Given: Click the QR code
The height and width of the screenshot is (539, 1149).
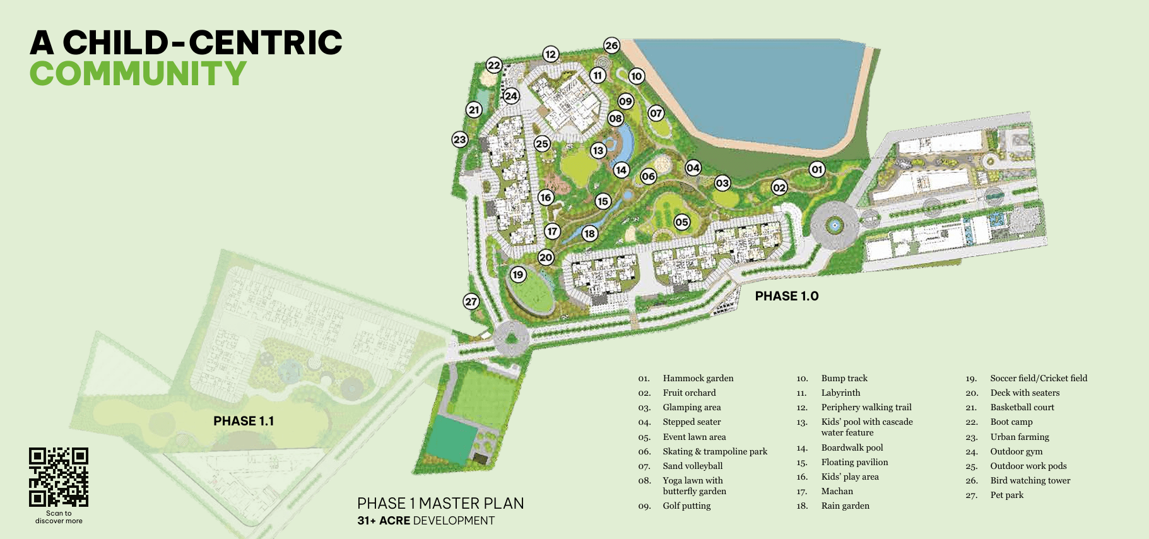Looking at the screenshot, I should [x=59, y=477].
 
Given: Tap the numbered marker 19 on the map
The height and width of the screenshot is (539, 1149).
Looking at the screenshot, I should [x=518, y=275].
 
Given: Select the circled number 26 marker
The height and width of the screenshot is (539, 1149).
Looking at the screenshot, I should [x=611, y=45].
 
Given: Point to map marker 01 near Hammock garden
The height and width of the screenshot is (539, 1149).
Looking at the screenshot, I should [x=817, y=169].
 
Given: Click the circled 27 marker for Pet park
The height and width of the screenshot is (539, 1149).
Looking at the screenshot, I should [x=471, y=302].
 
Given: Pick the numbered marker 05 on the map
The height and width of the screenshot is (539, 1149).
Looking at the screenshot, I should [x=681, y=222].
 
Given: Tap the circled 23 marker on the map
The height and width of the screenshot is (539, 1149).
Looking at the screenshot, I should [x=460, y=139].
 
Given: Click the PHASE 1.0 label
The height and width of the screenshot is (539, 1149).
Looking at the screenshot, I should [x=786, y=296].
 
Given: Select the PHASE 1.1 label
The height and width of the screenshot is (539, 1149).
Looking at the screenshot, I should [x=244, y=421].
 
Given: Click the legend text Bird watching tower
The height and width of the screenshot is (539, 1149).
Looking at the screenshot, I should [x=1030, y=480].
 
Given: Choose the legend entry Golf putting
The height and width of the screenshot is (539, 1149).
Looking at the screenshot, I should [x=686, y=506].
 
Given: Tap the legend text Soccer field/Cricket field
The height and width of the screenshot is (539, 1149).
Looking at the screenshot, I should [x=1039, y=378].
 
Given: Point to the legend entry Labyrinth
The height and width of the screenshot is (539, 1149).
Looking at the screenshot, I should [x=840, y=393].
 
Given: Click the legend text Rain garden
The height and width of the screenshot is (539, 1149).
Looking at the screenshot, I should [x=845, y=506].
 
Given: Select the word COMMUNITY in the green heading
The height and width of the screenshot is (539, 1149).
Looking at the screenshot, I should [x=138, y=74].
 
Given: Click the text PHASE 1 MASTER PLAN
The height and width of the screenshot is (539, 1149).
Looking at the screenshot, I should [x=440, y=503].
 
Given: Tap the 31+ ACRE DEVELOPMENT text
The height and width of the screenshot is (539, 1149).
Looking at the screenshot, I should [x=426, y=521].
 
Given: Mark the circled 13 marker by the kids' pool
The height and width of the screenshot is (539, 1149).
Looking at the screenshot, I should [x=598, y=150].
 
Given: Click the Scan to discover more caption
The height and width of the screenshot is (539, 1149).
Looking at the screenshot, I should [x=59, y=517].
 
